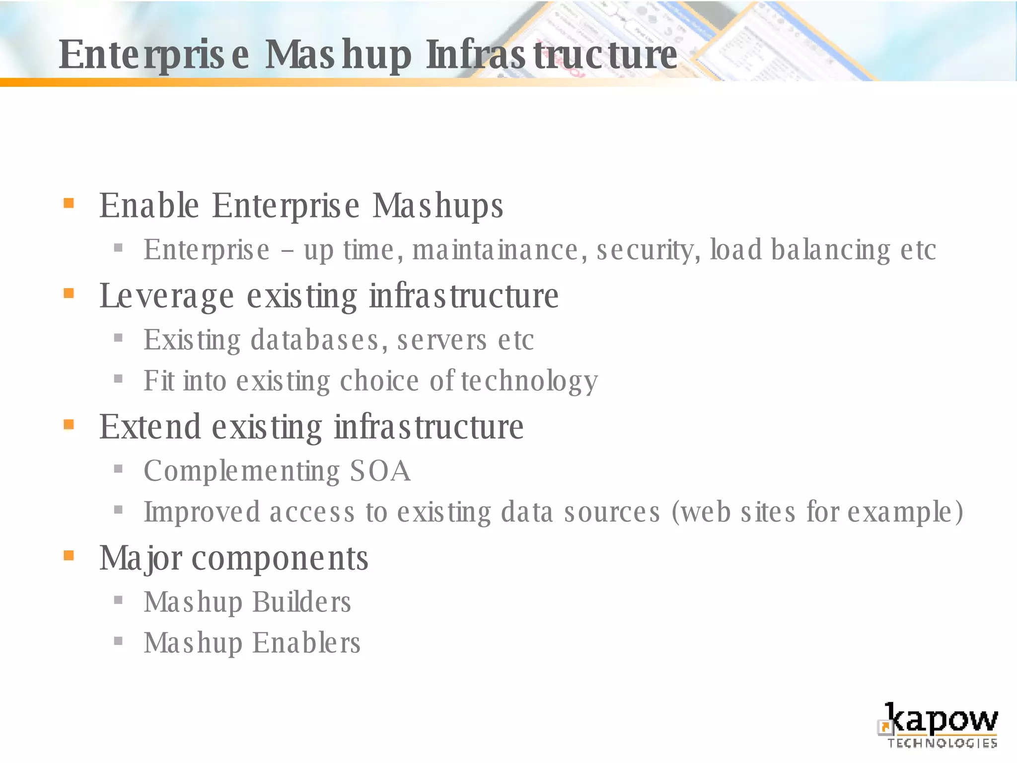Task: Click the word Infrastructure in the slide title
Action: pyautogui.click(x=551, y=55)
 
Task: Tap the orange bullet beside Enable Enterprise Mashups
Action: pyautogui.click(x=69, y=203)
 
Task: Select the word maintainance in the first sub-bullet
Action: pyautogui.click(x=495, y=249)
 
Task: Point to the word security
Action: pyautogui.click(x=649, y=249)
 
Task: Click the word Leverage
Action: pyautogui.click(x=166, y=296)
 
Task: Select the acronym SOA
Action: pyautogui.click(x=380, y=471)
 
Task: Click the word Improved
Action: pyautogui.click(x=202, y=512)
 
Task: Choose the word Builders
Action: pyautogui.click(x=302, y=602)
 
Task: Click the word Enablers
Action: pyautogui.click(x=306, y=643)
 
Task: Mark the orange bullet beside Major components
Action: pyautogui.click(x=69, y=555)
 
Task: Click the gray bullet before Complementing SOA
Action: pyautogui.click(x=118, y=468)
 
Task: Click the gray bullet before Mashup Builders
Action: pyautogui.click(x=118, y=600)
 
